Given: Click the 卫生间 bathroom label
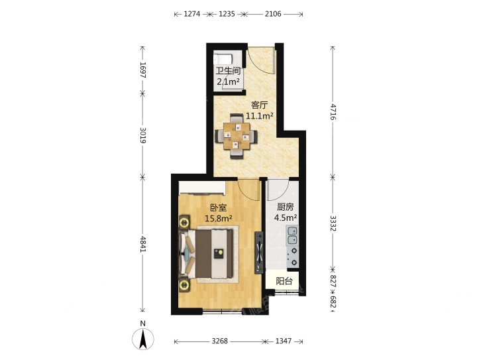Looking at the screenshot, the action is coord(228,71).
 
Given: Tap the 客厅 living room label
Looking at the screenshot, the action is coord(259,105).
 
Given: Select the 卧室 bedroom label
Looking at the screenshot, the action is coord(219,208).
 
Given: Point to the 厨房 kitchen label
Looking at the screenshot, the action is coord(286,207).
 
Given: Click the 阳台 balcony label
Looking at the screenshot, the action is coord(284,281).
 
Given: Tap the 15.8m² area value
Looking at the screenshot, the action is coord(219,219).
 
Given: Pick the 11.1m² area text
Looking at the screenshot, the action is coord(259,116).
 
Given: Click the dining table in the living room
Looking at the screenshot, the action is coord(237,136).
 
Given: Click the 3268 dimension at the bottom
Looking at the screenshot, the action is coord(220,341).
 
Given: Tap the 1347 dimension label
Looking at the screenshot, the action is coord(284,341).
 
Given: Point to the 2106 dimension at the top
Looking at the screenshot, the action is coord(273,14).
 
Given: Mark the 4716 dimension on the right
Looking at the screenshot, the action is coord(333,112).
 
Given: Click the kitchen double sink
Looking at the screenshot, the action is coord(292,235).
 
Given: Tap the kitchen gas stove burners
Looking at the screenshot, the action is coord(293,257).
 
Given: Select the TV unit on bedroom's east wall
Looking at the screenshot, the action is coord(259,253).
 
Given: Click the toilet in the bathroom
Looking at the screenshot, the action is coord(223,59).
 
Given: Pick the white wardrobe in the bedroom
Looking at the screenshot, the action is coord(202,188).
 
